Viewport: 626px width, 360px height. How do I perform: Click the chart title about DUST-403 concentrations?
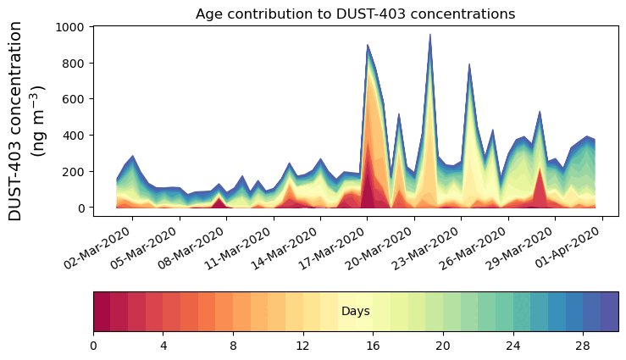click(355, 14)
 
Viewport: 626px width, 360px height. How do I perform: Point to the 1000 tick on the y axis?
click(71, 27)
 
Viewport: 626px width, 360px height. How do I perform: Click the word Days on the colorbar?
click(355, 312)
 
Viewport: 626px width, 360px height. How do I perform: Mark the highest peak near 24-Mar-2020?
click(430, 35)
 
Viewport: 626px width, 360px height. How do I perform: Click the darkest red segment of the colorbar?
click(102, 312)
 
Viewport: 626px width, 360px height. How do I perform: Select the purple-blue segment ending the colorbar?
click(609, 312)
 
